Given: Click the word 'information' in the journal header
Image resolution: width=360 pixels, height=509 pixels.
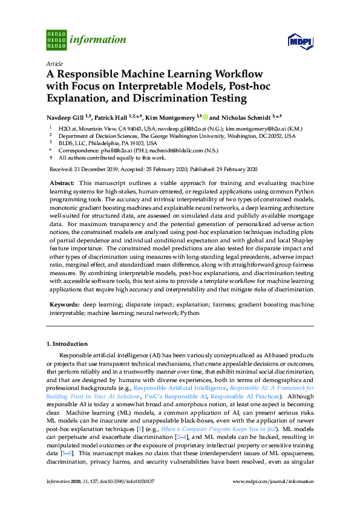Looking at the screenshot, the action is [98, 41].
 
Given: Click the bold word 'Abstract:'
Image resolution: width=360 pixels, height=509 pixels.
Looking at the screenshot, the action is [62, 183].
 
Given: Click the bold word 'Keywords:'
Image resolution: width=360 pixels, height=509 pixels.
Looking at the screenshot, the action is [64, 305].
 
